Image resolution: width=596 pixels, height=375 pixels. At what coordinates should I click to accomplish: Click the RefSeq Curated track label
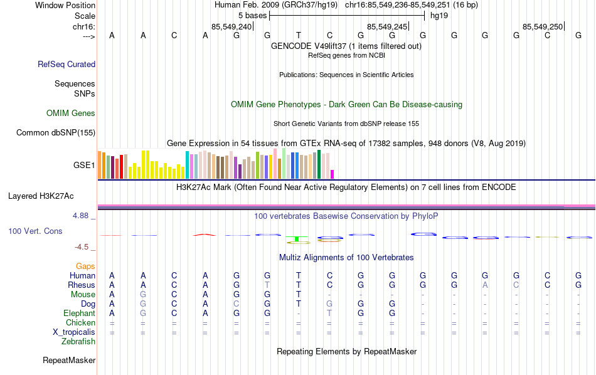[67, 64]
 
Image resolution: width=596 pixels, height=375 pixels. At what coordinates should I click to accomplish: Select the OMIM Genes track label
[71, 114]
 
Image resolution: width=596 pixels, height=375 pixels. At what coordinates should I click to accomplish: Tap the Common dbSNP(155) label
[56, 132]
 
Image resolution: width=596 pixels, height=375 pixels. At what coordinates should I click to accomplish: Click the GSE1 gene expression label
[84, 166]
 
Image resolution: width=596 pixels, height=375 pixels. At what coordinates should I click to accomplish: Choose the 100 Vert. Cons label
[35, 231]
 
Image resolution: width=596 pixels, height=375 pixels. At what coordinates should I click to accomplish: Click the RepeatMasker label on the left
[69, 361]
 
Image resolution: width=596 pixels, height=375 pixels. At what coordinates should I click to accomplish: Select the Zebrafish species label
[78, 342]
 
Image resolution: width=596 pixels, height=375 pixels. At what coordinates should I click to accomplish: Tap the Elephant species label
[79, 314]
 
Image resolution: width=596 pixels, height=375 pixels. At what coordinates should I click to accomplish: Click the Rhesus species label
[82, 285]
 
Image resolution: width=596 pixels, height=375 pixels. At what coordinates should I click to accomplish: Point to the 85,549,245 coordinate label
[387, 26]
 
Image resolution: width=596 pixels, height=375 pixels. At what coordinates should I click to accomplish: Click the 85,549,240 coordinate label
[231, 26]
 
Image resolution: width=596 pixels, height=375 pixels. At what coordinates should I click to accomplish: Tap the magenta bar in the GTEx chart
[333, 174]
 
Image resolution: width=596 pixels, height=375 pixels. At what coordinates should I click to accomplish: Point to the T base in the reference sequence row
[299, 36]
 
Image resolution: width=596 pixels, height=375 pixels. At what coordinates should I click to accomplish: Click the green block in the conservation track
[295, 239]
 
